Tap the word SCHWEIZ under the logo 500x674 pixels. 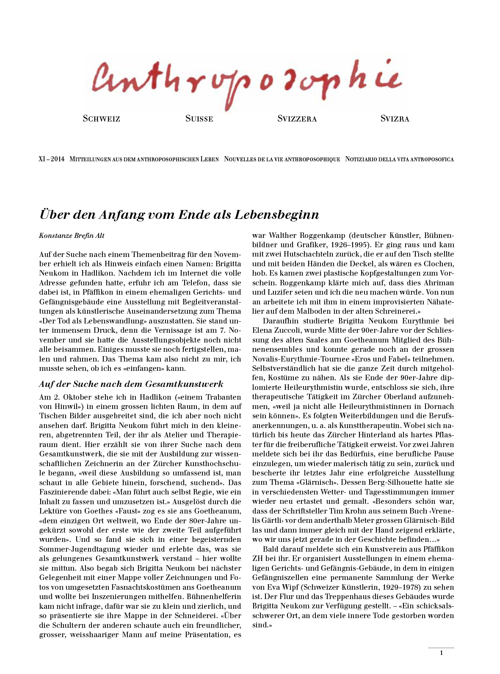pyautogui.click(x=102, y=119)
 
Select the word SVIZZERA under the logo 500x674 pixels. pyautogui.click(x=297, y=119)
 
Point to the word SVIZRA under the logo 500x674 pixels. pyautogui.click(x=395, y=119)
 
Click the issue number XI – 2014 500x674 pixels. pyautogui.click(x=52, y=160)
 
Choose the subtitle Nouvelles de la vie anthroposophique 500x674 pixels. pyautogui.click(x=282, y=160)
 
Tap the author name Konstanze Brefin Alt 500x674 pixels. pyautogui.click(x=72, y=236)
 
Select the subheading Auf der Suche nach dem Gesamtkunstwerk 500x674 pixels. pyautogui.click(x=131, y=384)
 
